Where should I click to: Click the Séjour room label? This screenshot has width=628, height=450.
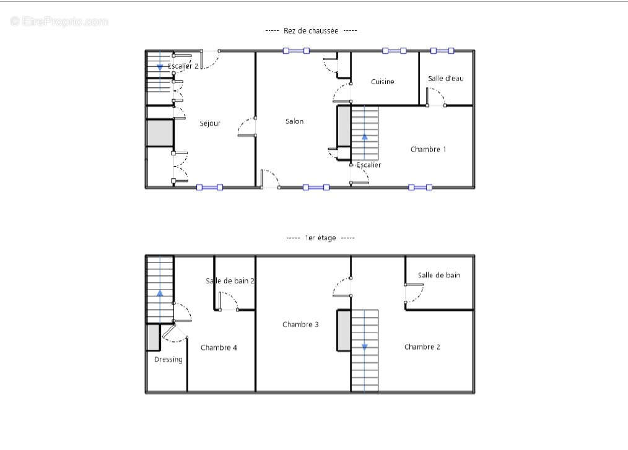pyautogui.click(x=210, y=124)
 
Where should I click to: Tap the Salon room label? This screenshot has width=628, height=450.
pyautogui.click(x=294, y=121)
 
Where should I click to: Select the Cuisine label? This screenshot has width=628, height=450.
pyautogui.click(x=383, y=82)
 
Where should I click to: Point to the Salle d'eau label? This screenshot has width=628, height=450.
pyautogui.click(x=446, y=79)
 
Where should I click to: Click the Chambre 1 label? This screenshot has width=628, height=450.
pyautogui.click(x=428, y=149)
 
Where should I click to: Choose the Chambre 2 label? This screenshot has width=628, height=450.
pyautogui.click(x=422, y=347)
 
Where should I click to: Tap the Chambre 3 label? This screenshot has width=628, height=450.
pyautogui.click(x=300, y=324)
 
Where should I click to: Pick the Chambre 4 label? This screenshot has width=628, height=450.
pyautogui.click(x=219, y=347)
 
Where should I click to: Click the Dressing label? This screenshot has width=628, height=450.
pyautogui.click(x=168, y=360)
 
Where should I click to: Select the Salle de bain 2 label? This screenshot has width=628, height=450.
pyautogui.click(x=230, y=281)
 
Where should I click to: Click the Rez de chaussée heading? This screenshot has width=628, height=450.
pyautogui.click(x=311, y=31)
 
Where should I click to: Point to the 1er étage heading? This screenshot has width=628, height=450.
pyautogui.click(x=320, y=238)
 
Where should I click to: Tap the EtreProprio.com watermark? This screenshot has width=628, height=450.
pyautogui.click(x=59, y=21)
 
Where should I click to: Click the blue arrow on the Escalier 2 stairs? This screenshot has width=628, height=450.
pyautogui.click(x=160, y=67)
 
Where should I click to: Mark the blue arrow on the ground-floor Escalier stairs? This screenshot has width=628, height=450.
pyautogui.click(x=364, y=137)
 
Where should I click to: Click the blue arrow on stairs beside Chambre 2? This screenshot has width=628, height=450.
pyautogui.click(x=364, y=347)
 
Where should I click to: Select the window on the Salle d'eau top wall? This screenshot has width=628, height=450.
pyautogui.click(x=442, y=51)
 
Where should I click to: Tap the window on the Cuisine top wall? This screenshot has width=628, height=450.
pyautogui.click(x=394, y=51)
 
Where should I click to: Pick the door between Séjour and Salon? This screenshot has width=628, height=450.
pyautogui.click(x=246, y=127)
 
